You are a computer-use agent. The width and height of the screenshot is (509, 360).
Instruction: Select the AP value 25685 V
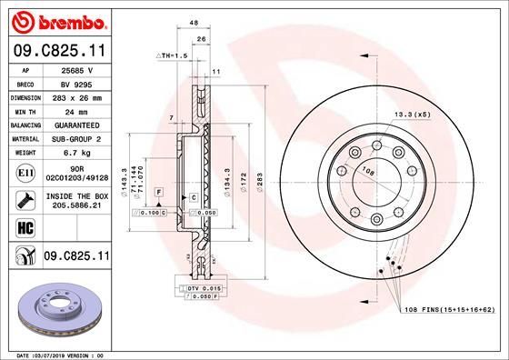(76, 69)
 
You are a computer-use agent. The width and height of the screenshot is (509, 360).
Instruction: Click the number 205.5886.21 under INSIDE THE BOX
(76, 206)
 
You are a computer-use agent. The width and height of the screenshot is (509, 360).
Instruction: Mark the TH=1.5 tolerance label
(174, 56)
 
